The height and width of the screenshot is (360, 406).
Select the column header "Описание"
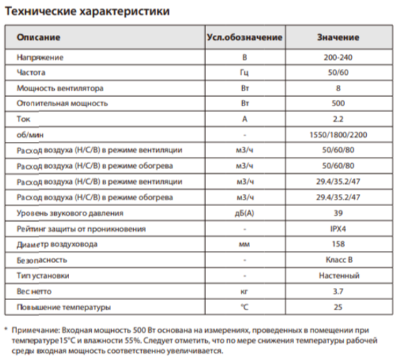33,37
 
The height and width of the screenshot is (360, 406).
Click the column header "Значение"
338,37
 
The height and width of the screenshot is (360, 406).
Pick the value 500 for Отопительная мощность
338,103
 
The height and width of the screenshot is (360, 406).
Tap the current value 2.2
338,119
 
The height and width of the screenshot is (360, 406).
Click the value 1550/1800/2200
338,135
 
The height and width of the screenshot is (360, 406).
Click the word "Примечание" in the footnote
35,329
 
